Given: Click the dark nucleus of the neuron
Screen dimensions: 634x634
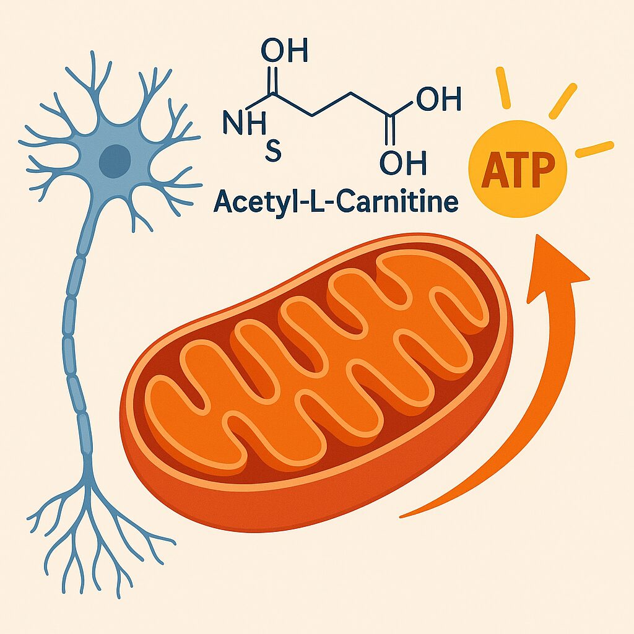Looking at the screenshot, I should pos(115,160).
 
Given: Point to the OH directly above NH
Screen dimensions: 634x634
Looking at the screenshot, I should pos(285,50).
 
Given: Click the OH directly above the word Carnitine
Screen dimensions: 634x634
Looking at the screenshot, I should pos(403,163).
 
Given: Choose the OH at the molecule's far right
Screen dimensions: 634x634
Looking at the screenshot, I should pos(439,99).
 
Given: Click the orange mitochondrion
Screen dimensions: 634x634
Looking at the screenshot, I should pos(316,384).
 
